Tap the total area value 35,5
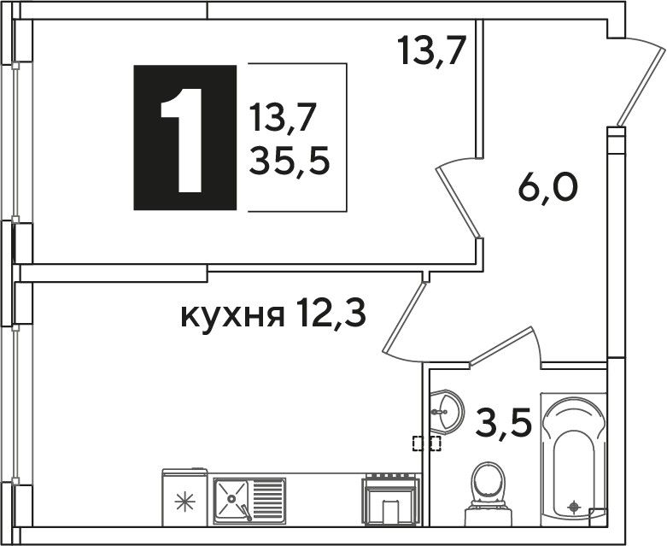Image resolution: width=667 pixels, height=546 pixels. pos(290,161)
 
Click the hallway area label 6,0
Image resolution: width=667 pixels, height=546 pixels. pos(547,190)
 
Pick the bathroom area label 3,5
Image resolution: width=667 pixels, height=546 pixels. pos(504,422)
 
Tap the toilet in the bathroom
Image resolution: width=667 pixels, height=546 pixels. pos(488,494)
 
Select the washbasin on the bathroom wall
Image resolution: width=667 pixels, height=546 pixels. pos(446,411)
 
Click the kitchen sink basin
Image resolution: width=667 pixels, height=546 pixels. pos(231,498)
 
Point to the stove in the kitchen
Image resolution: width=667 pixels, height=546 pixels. pos(390,499)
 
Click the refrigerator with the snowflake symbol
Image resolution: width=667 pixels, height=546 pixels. pos(184,497)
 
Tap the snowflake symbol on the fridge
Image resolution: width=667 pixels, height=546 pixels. pos(185,503)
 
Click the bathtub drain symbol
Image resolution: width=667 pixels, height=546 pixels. pos(574,507)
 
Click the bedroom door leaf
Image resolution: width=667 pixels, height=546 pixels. pos(458,203)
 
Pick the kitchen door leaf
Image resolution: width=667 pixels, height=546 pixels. pos(404,318)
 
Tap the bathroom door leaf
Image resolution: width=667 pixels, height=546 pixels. pos(501,346)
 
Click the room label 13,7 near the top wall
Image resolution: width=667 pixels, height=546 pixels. pos(431,50)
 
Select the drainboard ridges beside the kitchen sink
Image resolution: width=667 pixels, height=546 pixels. pos(267,498)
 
